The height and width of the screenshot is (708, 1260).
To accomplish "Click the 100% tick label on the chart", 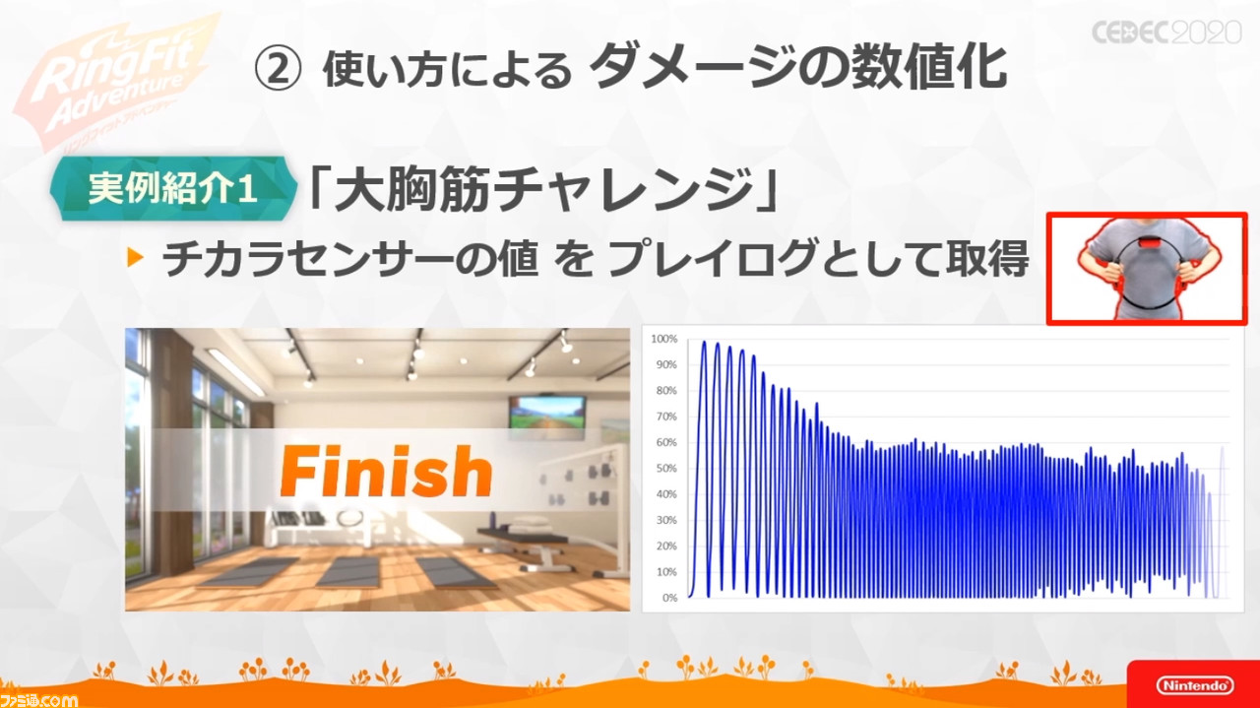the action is (663, 339).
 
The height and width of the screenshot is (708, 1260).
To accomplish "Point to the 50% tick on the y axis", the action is (666, 469).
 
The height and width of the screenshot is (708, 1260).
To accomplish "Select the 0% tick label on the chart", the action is (669, 598).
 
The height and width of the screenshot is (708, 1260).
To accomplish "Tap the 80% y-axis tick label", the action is (666, 391).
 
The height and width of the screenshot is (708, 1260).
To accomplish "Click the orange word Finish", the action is (386, 471).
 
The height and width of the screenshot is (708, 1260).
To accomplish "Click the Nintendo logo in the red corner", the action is (1195, 685).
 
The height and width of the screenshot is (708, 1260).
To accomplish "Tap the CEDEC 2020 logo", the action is (1166, 32).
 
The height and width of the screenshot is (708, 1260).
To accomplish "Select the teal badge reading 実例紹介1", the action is (173, 188).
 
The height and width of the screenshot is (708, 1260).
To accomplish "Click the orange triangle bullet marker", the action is (136, 258).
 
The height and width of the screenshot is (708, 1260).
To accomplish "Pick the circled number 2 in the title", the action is (278, 69).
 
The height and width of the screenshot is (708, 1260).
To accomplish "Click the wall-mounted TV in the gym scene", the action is (547, 417).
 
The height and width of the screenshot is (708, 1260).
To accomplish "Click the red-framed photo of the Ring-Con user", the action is (1147, 269).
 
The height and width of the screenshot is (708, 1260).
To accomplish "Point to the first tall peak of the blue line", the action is (704, 343).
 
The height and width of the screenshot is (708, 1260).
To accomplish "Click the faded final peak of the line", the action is (1222, 450).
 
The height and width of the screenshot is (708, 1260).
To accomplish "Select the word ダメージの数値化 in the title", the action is (797, 68).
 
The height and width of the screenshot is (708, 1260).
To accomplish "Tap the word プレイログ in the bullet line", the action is (713, 258).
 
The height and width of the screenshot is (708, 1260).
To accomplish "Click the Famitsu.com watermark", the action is (39, 700).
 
